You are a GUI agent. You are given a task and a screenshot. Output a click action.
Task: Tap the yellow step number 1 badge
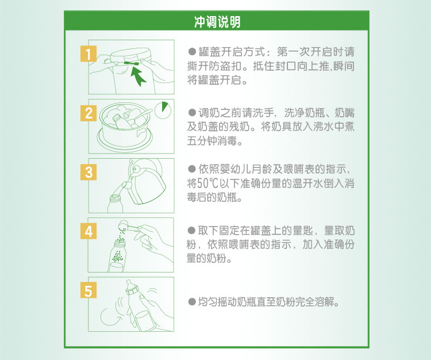click(x=88, y=55)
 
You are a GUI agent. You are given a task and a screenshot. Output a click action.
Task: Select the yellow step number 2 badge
click(x=88, y=113)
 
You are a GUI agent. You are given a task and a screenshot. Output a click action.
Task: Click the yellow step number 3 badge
click(x=88, y=172)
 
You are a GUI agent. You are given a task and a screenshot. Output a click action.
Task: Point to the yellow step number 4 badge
click(x=88, y=231)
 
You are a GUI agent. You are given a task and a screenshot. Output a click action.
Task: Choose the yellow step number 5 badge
click(x=88, y=290)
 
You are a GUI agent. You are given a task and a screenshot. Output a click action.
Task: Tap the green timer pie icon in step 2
click(x=165, y=108)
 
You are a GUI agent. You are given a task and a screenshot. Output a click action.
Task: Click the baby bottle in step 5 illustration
click(x=138, y=302)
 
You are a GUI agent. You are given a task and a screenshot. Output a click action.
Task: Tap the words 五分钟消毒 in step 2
click(x=215, y=140)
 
